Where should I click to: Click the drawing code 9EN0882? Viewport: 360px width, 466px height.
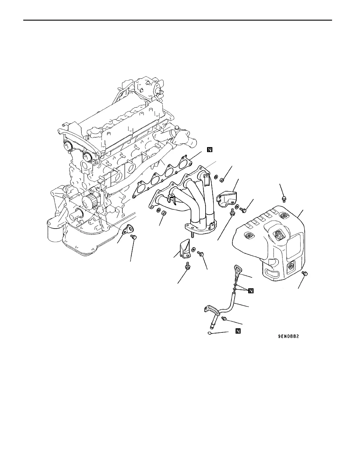point(289,337)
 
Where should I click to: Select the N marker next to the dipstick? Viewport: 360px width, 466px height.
point(251,291)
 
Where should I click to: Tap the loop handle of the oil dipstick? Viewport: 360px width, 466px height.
point(237,269)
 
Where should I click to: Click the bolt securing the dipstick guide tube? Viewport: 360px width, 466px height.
point(224,318)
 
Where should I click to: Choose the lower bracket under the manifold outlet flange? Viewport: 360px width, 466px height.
point(184,249)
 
